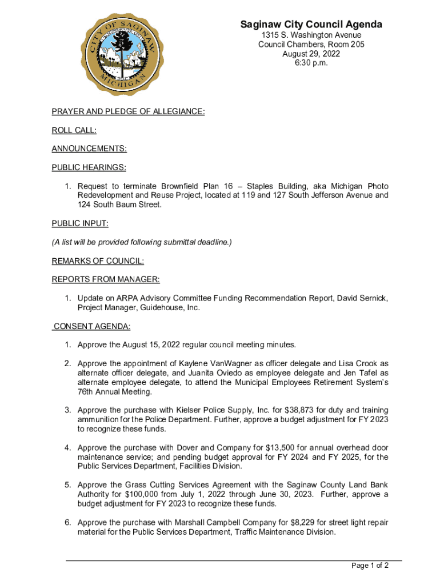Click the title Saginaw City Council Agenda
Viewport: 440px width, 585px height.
pos(311,25)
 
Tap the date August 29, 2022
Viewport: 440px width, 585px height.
pos(311,54)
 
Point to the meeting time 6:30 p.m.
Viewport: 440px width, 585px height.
pos(311,63)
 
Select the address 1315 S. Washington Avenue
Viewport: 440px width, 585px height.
pos(311,35)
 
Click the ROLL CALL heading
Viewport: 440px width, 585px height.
pos(74,130)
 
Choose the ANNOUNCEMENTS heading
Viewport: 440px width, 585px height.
pos(89,149)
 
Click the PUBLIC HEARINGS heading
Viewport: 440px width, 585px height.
pos(89,167)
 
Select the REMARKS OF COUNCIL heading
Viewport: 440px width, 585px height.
pos(98,261)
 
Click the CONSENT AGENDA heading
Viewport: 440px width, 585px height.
pos(92,326)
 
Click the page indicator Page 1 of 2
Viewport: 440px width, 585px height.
pos(370,566)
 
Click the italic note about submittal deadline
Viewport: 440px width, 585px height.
pos(142,242)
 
